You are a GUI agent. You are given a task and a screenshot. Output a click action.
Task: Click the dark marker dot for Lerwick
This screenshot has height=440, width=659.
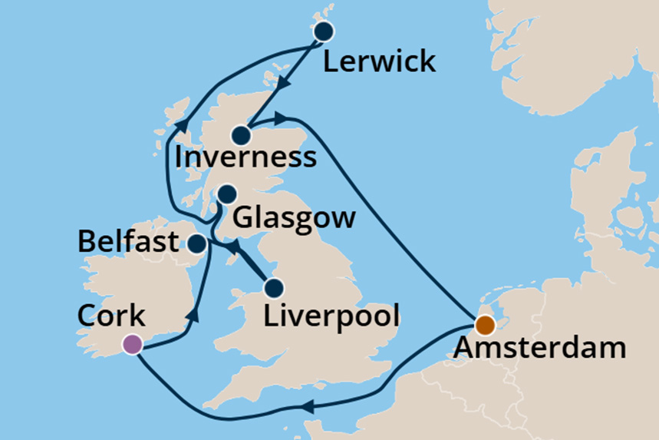click(x=324, y=31)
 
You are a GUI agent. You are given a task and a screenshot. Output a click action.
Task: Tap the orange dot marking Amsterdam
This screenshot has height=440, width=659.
click(x=484, y=326)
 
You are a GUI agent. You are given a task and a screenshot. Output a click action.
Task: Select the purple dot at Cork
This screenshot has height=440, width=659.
click(x=133, y=344)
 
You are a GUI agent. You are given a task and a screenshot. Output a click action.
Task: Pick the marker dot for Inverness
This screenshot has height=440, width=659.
click(x=242, y=136)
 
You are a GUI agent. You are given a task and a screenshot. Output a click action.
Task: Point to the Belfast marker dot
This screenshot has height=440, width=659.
click(x=196, y=244)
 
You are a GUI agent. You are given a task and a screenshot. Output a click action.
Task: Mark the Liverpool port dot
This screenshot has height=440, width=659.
click(x=274, y=289)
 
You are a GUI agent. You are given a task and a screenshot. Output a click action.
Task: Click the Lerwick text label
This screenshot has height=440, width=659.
click(x=379, y=61)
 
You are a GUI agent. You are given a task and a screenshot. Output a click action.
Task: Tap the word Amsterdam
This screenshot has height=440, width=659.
click(x=539, y=349)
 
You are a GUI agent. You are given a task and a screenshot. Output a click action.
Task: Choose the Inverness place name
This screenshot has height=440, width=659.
click(x=245, y=158)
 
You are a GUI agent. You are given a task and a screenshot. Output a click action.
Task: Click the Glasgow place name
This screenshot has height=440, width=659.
click(x=295, y=218)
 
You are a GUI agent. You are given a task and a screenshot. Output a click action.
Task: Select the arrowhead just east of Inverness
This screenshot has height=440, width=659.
click(x=281, y=117)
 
